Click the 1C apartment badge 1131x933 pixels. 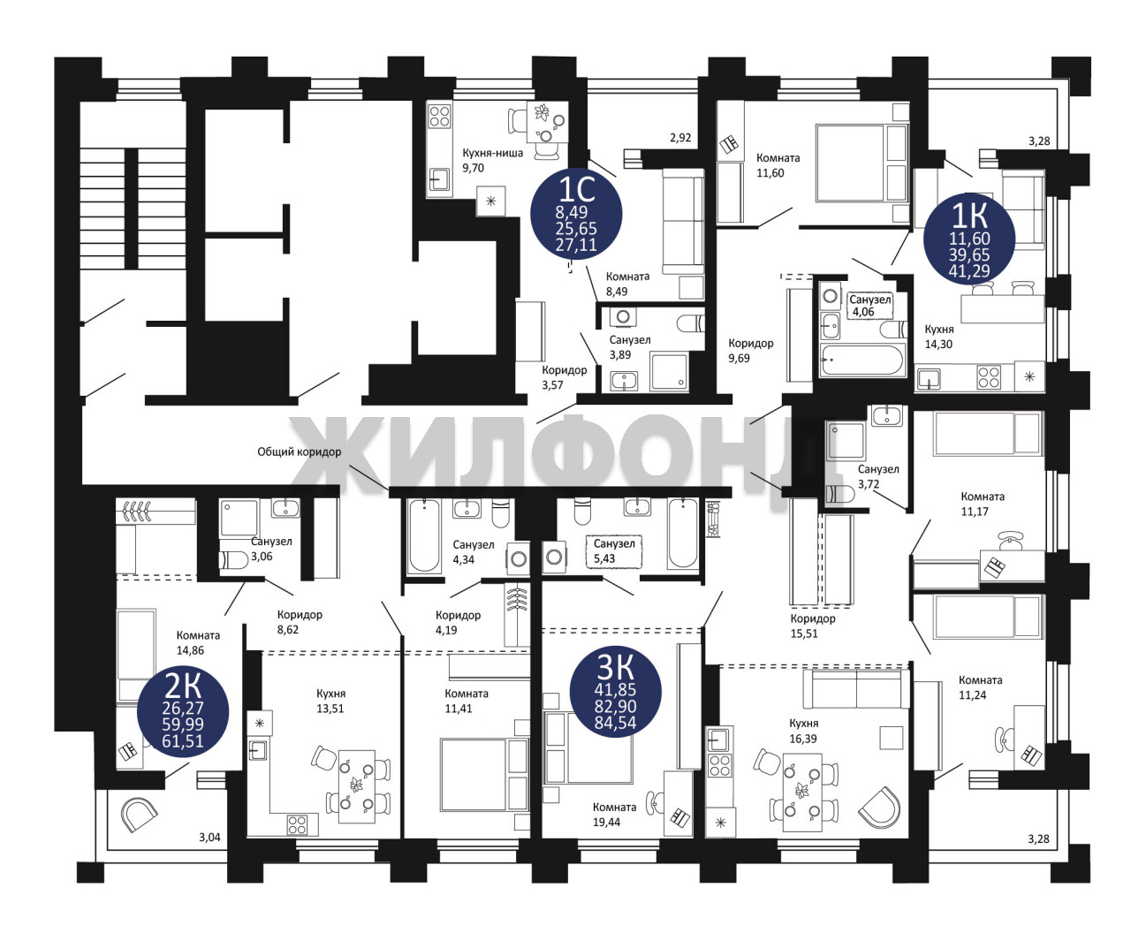(576, 215)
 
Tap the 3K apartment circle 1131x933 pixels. (615, 692)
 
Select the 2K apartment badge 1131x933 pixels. (183, 710)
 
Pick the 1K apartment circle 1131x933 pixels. (969, 239)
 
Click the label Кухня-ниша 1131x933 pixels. (492, 153)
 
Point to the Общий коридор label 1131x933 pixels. (299, 451)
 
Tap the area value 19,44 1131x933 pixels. (607, 822)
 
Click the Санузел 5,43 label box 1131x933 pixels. (614, 551)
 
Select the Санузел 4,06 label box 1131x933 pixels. (870, 306)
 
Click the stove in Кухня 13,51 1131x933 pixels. (298, 824)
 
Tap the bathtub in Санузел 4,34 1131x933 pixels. (423, 535)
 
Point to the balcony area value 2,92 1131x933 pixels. (680, 138)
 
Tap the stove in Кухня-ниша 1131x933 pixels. (439, 117)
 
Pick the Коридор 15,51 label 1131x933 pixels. (813, 626)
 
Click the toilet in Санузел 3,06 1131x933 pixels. (233, 560)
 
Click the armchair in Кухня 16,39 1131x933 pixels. (879, 808)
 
